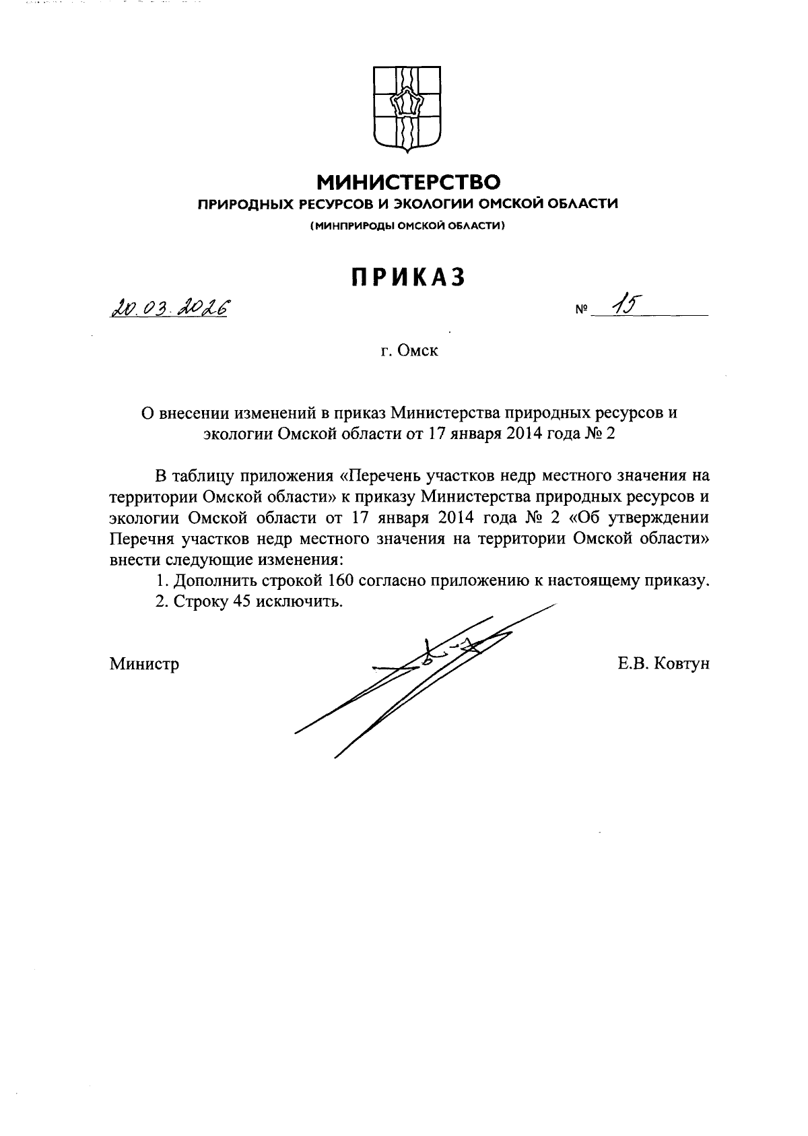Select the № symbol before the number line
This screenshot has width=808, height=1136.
pos(581,312)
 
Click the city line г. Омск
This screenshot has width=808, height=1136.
pos(409,351)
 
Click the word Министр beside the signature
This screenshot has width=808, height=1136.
pos(145,665)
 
